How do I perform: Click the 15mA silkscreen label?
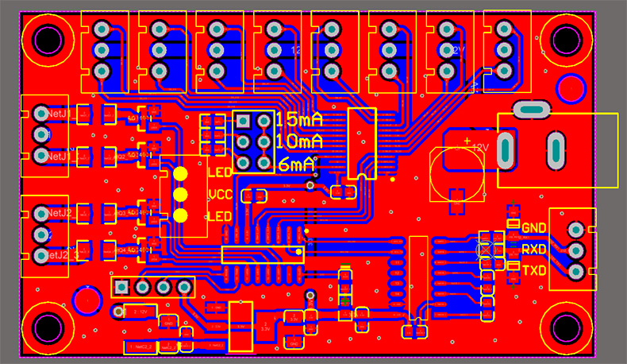[x=299, y=121]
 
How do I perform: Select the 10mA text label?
[x=299, y=142]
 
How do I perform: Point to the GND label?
[x=534, y=228]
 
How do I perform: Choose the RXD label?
[x=534, y=250]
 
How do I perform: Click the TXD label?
[x=534, y=271]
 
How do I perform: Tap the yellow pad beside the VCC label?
[x=181, y=195]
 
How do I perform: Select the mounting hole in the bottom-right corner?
[x=566, y=327]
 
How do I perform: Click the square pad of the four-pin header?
[x=122, y=286]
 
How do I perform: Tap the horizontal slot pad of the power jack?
[x=531, y=108]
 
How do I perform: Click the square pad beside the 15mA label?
[x=244, y=121]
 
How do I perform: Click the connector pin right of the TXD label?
[x=574, y=272]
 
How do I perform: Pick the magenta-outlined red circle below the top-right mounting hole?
[x=571, y=88]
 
